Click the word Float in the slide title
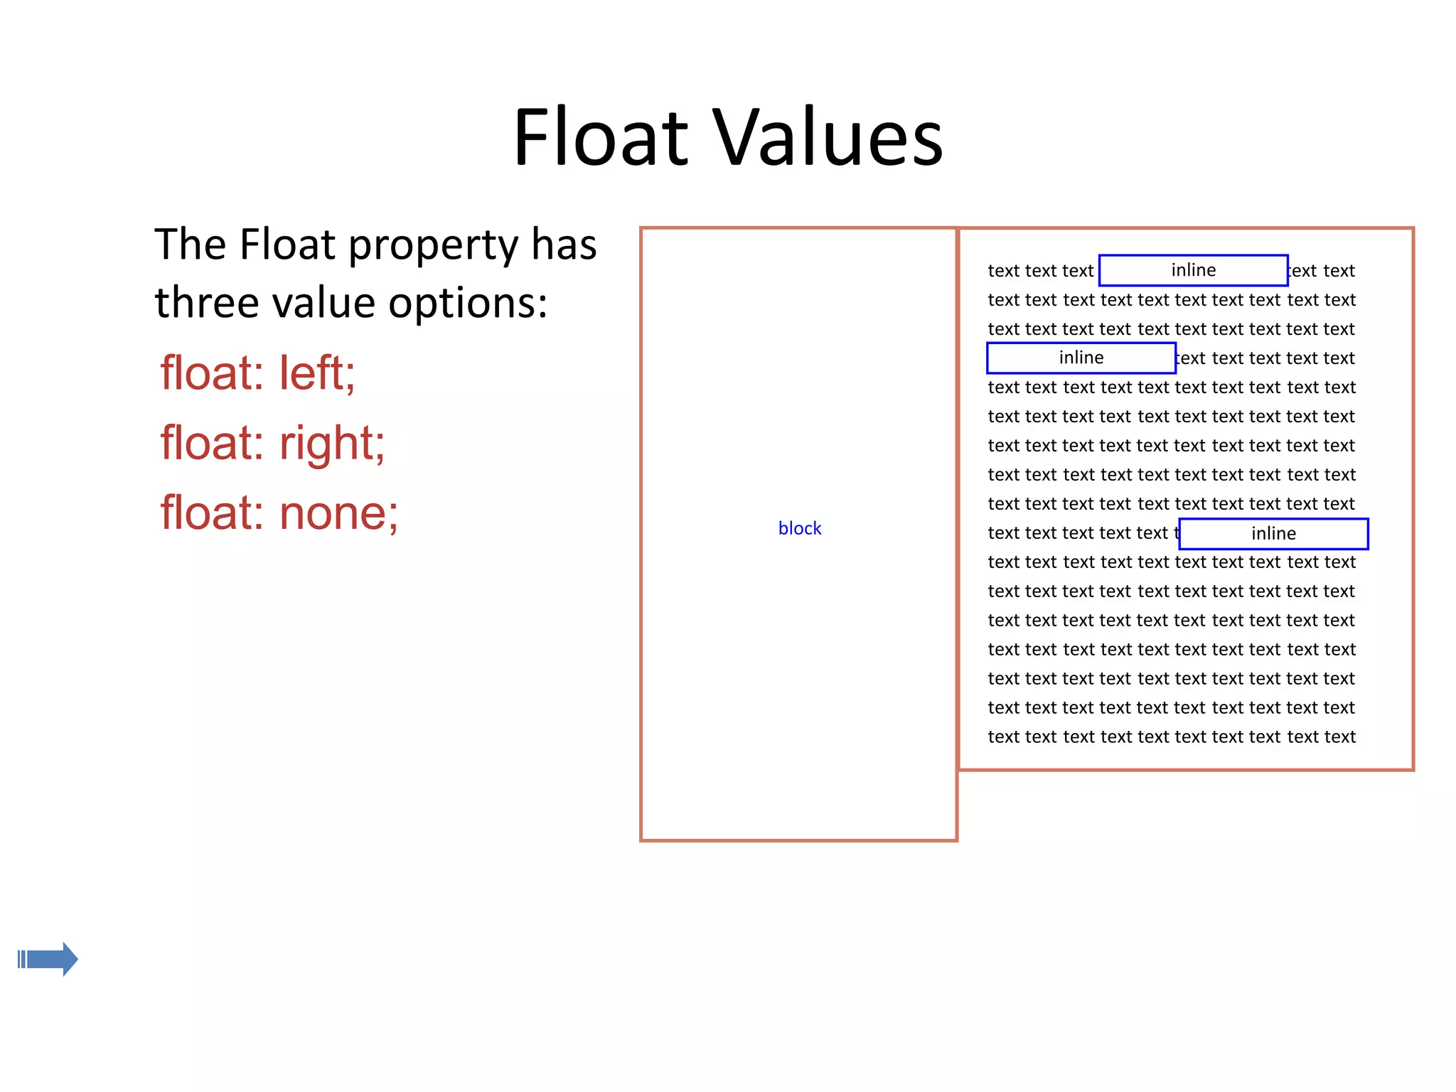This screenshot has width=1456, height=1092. [601, 137]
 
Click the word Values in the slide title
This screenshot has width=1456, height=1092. [828, 137]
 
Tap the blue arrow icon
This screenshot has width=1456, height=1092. [48, 959]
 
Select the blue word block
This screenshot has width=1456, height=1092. [799, 528]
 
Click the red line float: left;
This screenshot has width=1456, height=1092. [257, 373]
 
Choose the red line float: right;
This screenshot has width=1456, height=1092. [272, 443]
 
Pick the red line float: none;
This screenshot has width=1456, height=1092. [279, 513]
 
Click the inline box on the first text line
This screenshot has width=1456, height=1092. [1193, 270]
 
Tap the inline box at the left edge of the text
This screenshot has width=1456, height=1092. [1081, 358]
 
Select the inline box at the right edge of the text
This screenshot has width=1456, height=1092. [1273, 534]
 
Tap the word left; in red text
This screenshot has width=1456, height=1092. [317, 373]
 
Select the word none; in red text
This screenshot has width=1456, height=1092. [338, 513]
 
